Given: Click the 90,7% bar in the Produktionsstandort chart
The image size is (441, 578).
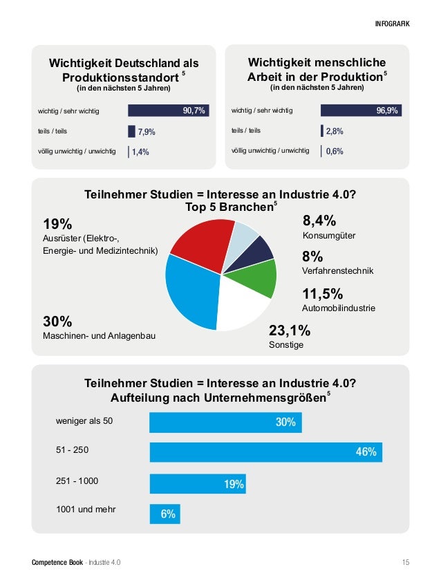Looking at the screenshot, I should coord(169,111).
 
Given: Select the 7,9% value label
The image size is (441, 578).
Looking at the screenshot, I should coord(147,131).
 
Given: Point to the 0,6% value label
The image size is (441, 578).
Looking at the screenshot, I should coord(335,151).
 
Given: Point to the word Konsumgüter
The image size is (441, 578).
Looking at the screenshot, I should coord(329,236).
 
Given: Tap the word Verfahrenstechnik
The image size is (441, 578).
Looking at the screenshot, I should coord(337,271).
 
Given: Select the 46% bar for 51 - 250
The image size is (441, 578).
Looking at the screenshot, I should coord(265,452).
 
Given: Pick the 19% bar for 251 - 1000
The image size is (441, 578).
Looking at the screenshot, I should coord(197,484).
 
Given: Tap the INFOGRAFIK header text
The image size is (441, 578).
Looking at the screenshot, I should coord(392,24).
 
